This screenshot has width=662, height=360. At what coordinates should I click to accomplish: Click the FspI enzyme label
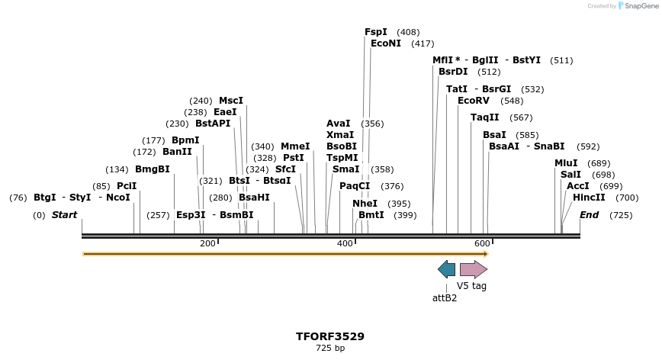pyautogui.click(x=376, y=32)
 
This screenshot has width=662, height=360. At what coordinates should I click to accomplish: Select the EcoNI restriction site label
pyautogui.click(x=386, y=43)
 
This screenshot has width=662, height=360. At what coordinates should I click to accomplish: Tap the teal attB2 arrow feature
pyautogui.click(x=447, y=268)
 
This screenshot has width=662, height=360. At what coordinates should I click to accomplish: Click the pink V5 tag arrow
pyautogui.click(x=473, y=268)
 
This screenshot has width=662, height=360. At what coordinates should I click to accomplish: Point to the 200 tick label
pyautogui.click(x=207, y=243)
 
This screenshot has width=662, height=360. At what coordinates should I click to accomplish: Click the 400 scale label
pyautogui.click(x=345, y=243)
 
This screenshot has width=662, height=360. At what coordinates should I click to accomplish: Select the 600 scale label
pyautogui.click(x=482, y=243)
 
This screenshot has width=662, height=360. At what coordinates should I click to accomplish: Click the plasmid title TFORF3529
pyautogui.click(x=330, y=336)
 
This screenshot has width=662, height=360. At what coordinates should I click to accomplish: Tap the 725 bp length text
pyautogui.click(x=330, y=348)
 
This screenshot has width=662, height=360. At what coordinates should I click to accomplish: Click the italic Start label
pyautogui.click(x=64, y=215)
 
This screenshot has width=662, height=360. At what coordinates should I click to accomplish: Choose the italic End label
pyautogui.click(x=590, y=215)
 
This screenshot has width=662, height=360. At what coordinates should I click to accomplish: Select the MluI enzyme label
pyautogui.click(x=566, y=163)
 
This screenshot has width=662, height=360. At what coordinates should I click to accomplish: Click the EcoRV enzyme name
pyautogui.click(x=474, y=101)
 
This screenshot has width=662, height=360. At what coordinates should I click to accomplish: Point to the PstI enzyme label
pyautogui.click(x=294, y=158)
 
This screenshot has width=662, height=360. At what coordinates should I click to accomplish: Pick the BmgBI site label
pyautogui.click(x=153, y=169)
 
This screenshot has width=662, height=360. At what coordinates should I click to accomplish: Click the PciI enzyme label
pyautogui.click(x=127, y=186)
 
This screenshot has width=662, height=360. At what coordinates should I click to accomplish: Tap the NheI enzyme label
pyautogui.click(x=365, y=204)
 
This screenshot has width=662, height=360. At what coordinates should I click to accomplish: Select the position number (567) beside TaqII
pyautogui.click(x=522, y=117)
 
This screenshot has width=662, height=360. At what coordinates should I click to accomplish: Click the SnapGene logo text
pyautogui.click(x=638, y=6)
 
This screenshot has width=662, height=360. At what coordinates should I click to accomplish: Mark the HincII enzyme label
pyautogui.click(x=589, y=198)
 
